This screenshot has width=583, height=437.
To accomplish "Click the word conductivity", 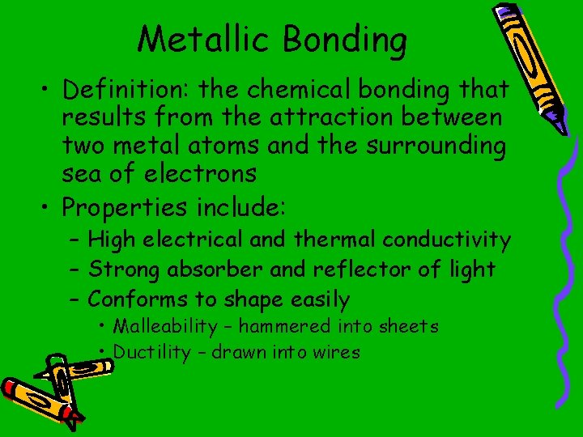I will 446,240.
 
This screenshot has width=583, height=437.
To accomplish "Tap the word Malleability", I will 165,327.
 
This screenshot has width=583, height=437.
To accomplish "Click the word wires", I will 338,352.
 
